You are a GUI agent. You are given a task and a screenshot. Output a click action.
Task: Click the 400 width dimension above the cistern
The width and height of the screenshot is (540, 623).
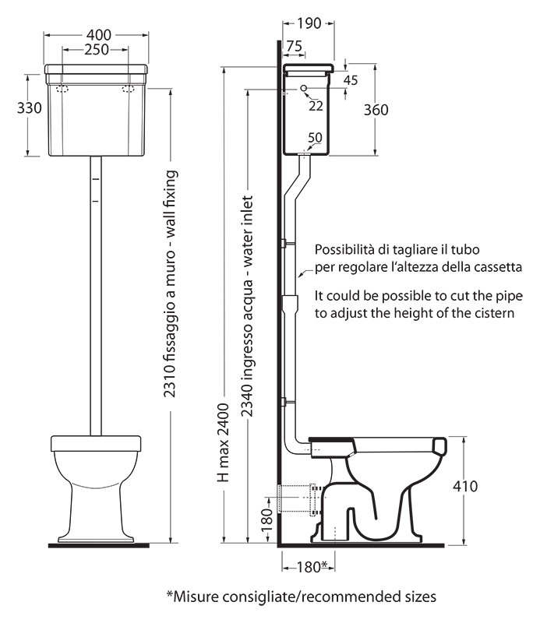(99, 35)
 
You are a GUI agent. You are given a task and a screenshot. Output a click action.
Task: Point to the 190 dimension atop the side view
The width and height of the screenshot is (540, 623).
(309, 23)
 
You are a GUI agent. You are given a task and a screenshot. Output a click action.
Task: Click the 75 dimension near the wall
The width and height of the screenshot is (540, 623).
(294, 47)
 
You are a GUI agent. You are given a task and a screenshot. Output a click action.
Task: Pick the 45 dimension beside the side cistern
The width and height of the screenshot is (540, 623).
(351, 80)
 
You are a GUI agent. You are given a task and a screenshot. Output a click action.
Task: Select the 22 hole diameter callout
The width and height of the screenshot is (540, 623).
(316, 105)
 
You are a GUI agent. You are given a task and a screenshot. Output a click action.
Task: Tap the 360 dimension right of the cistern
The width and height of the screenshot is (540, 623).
(376, 110)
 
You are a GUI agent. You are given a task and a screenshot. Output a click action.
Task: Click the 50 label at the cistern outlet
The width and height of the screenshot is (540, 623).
(315, 138)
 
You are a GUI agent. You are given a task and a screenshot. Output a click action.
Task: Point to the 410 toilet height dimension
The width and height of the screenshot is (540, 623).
(465, 486)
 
